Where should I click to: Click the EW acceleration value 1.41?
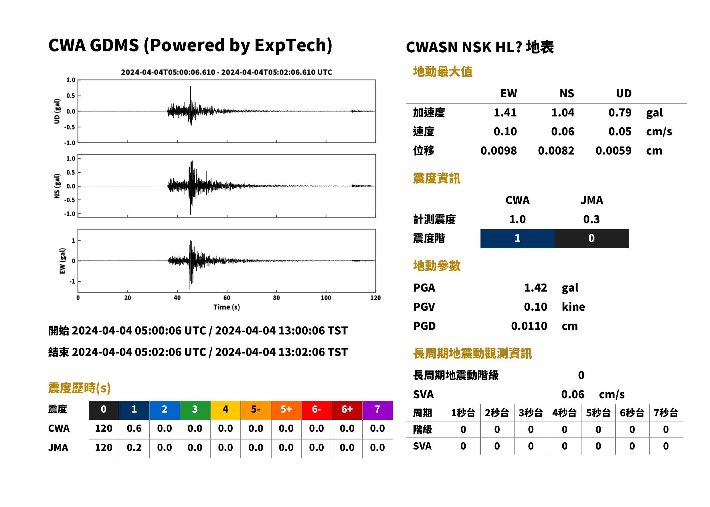(x=505, y=112)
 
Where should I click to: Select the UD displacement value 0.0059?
(x=613, y=151)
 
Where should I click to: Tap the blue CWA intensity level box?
(x=517, y=239)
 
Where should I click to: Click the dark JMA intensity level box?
(x=592, y=239)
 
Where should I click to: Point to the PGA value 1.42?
(x=535, y=288)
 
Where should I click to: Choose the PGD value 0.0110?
(x=529, y=326)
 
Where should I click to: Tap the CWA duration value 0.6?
(x=134, y=428)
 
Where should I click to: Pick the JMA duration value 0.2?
(x=134, y=447)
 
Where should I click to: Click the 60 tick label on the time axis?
(x=227, y=298)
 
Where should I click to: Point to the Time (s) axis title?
(x=227, y=307)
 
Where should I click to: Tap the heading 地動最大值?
(x=443, y=72)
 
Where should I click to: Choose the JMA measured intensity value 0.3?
(x=591, y=219)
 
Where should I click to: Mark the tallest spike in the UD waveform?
(x=191, y=87)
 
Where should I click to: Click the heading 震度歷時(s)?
(x=80, y=388)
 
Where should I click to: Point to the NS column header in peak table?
(x=567, y=93)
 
